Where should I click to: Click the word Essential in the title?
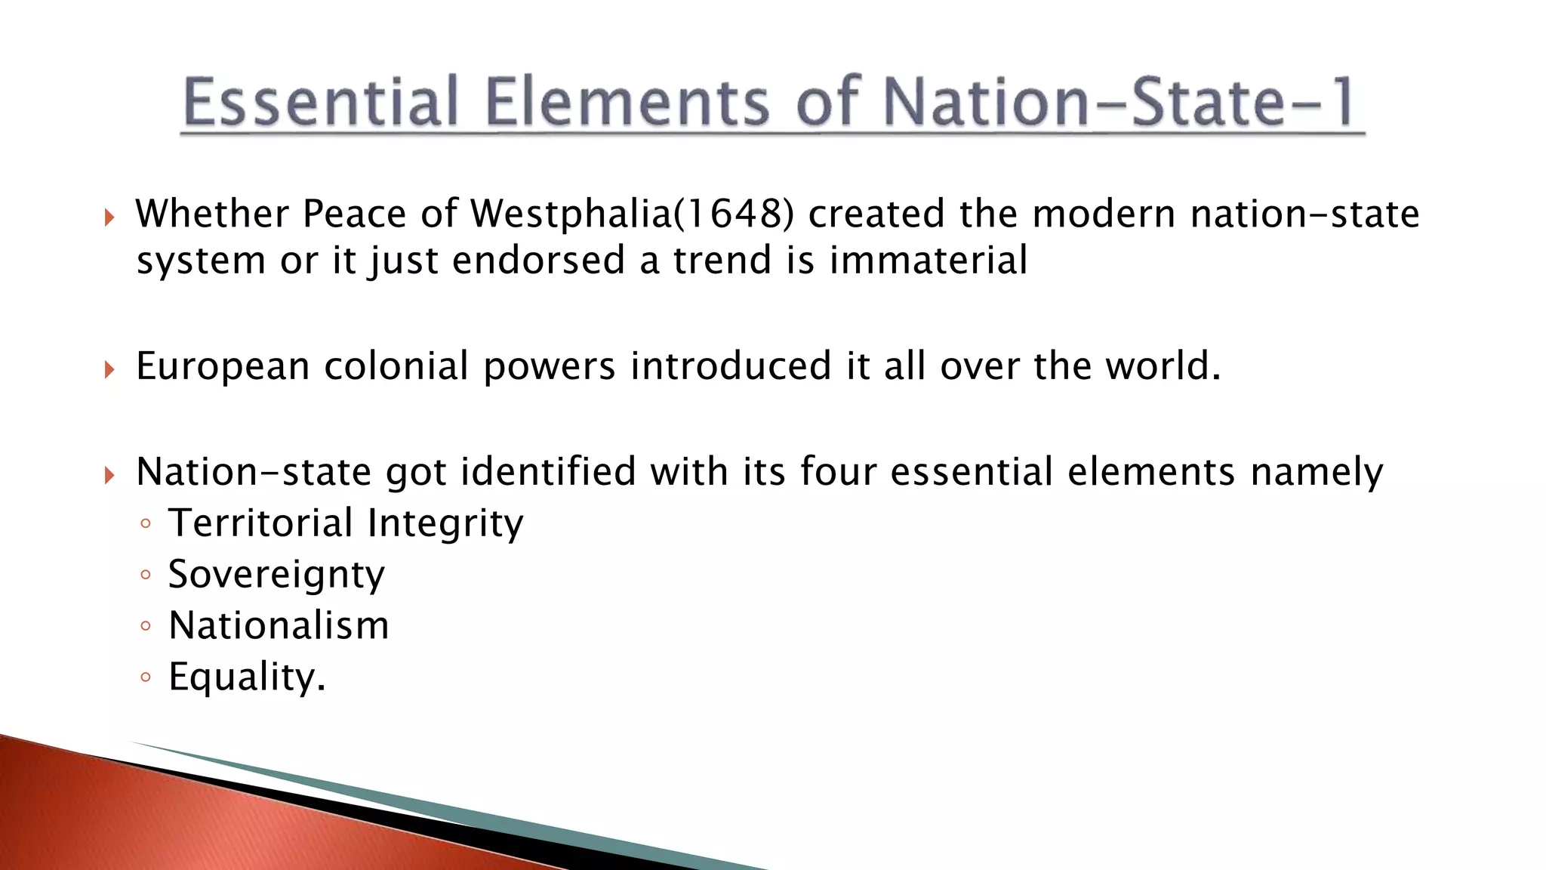tap(321, 102)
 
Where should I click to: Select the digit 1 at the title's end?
tap(1343, 102)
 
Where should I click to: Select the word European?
tap(223, 366)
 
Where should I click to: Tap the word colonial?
tap(397, 366)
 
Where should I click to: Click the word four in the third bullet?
tap(838, 472)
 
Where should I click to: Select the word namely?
tap(1317, 472)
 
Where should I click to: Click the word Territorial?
tap(260, 523)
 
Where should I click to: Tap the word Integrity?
tap(445, 523)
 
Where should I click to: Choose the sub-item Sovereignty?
tap(276, 574)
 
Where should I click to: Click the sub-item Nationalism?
tap(279, 625)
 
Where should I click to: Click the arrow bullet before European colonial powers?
tap(110, 369)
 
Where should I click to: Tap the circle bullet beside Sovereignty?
tap(146, 575)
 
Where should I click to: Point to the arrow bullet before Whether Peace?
tap(110, 217)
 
